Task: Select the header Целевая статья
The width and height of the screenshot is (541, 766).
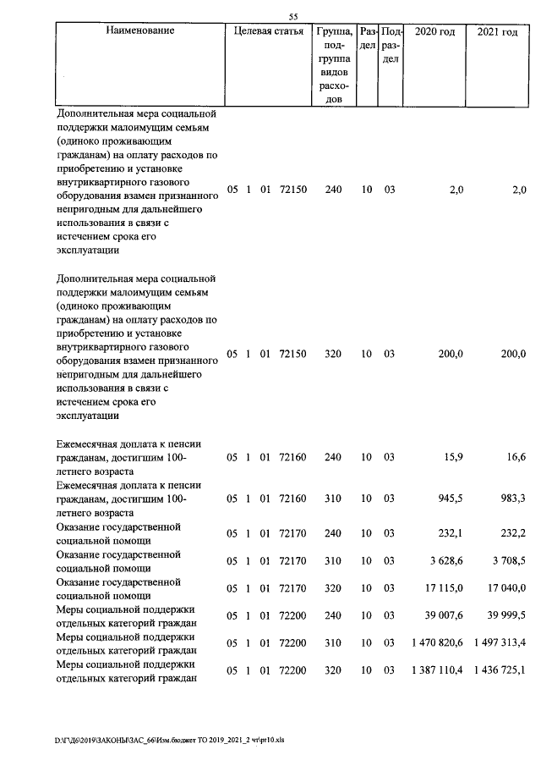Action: click(269, 31)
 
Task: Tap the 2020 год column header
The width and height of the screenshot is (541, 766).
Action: click(436, 31)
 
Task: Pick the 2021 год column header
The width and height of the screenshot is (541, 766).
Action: click(497, 31)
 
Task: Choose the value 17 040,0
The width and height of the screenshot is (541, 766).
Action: click(505, 588)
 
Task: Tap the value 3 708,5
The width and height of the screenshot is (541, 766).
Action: click(506, 561)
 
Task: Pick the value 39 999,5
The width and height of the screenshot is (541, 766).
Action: click(505, 615)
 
